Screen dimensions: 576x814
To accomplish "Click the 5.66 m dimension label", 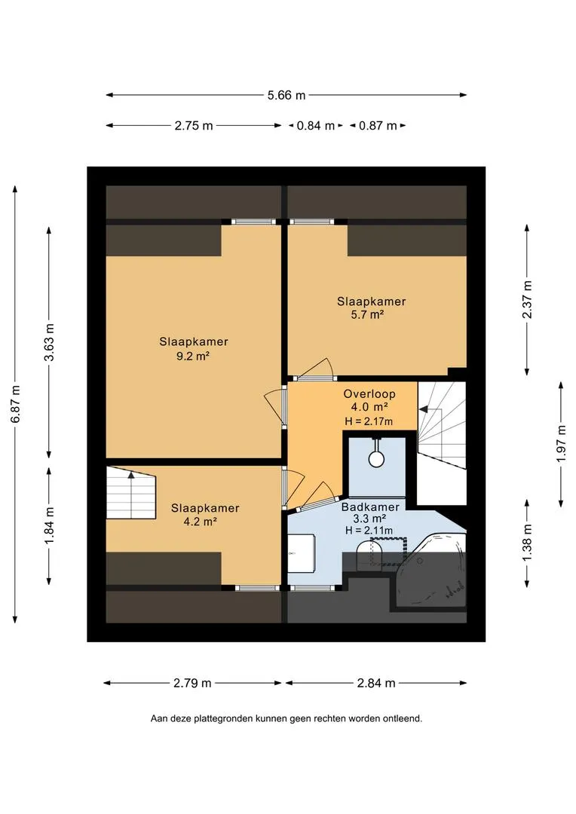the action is tap(286, 95).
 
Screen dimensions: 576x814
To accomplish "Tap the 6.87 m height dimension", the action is tap(16, 404).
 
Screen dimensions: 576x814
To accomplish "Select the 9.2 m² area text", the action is tap(193, 356).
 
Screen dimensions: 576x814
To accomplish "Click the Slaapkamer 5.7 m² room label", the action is tap(371, 308).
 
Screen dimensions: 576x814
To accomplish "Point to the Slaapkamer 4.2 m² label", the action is tap(205, 515).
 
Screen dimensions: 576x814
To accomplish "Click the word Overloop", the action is tap(369, 394).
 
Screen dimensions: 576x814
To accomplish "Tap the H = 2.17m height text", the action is tap(369, 421).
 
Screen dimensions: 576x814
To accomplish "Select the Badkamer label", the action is tap(370, 506).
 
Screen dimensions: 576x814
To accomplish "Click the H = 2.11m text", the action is tap(369, 530).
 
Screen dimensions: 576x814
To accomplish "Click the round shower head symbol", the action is tap(375, 458).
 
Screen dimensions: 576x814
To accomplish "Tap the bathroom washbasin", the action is tap(302, 552).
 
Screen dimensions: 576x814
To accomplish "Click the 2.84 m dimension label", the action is tap(376, 683).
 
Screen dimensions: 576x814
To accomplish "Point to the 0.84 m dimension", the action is tap(316, 126).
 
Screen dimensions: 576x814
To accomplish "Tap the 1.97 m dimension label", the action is tap(562, 444).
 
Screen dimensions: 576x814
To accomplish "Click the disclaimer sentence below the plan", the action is tap(286, 719).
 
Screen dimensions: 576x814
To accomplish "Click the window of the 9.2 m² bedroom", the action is tap(253, 222).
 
